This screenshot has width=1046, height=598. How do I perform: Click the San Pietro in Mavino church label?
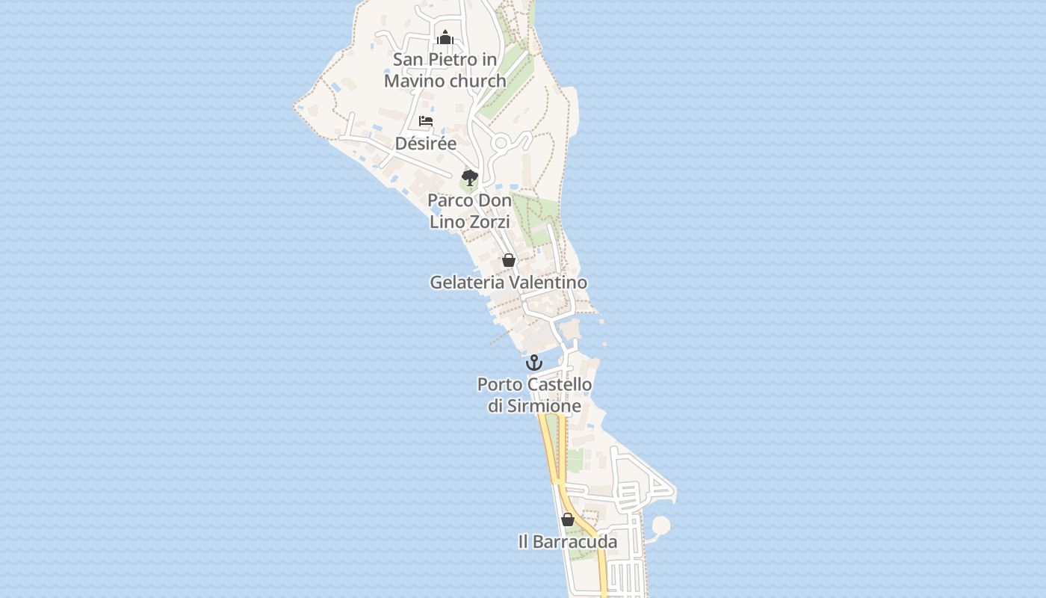coord(445,70)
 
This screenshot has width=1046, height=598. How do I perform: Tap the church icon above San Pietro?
coord(445,37)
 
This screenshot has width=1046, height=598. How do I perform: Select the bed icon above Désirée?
coord(426,120)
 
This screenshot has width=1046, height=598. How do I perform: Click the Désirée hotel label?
coord(426,144)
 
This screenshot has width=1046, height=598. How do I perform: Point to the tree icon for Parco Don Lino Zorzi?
coord(469,178)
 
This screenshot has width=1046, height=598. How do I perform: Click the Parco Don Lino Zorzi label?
coord(469,211)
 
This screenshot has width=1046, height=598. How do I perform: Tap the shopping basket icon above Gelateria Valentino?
coord(509,260)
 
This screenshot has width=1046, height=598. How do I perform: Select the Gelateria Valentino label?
coord(508,283)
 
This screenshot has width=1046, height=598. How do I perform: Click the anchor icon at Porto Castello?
coord(533,363)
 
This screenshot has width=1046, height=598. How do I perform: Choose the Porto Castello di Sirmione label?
coord(534,395)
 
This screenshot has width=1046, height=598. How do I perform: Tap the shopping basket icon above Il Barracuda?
coord(568,520)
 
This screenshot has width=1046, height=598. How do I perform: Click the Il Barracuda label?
coord(568,542)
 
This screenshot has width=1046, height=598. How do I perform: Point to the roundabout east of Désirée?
coord(500,142)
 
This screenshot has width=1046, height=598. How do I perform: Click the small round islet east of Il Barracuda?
coord(660,525)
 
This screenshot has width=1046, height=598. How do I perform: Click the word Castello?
coord(559,385)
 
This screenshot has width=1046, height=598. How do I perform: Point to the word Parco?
coord(449,200)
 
